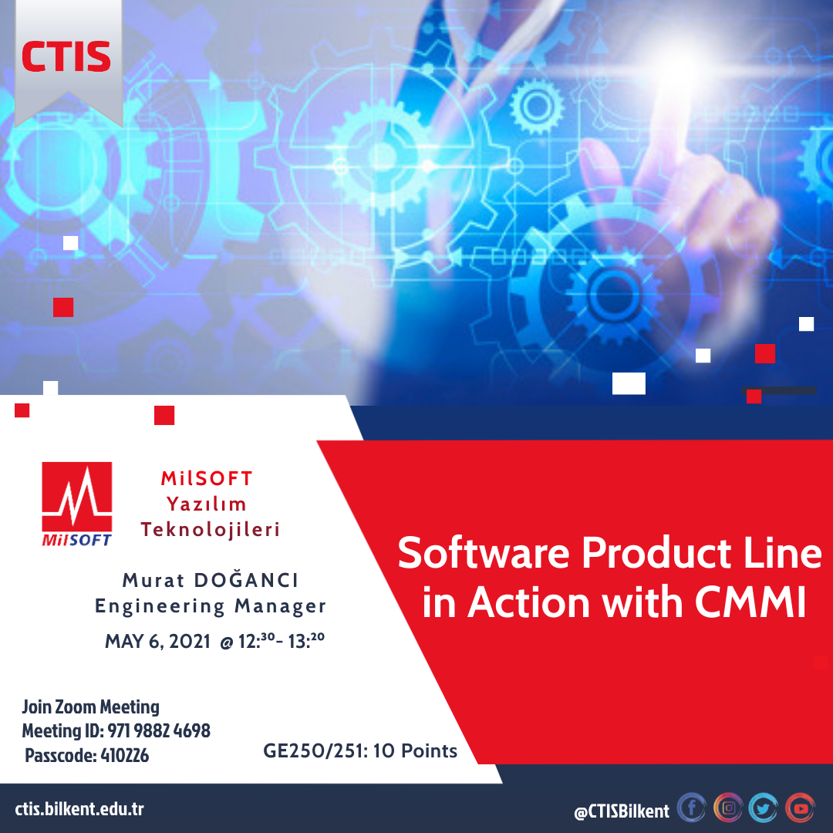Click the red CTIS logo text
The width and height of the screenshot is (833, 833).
pos(66,56)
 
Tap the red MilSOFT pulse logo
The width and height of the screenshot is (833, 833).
pos(77,504)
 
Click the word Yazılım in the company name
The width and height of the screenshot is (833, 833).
pos(207,504)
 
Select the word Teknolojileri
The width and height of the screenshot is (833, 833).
pos(211,530)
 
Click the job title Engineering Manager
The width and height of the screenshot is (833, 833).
pos(211,606)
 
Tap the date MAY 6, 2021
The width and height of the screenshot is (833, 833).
pos(158,642)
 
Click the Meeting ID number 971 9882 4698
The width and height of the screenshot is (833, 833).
pos(159,731)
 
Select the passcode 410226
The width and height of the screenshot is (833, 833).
pos(124,755)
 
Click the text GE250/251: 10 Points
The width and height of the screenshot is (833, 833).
pos(360,750)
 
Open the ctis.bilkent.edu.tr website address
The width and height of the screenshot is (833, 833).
pos(79,809)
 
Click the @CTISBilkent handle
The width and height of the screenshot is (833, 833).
pos(622,811)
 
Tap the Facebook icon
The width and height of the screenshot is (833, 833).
pos(692,808)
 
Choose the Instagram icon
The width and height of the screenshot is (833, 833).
pos(728,808)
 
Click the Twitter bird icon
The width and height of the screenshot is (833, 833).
pos(764,808)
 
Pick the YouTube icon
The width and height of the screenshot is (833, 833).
pos(800,808)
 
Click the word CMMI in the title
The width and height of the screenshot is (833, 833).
pos(750,602)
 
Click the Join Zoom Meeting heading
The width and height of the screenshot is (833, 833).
pos(91,707)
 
